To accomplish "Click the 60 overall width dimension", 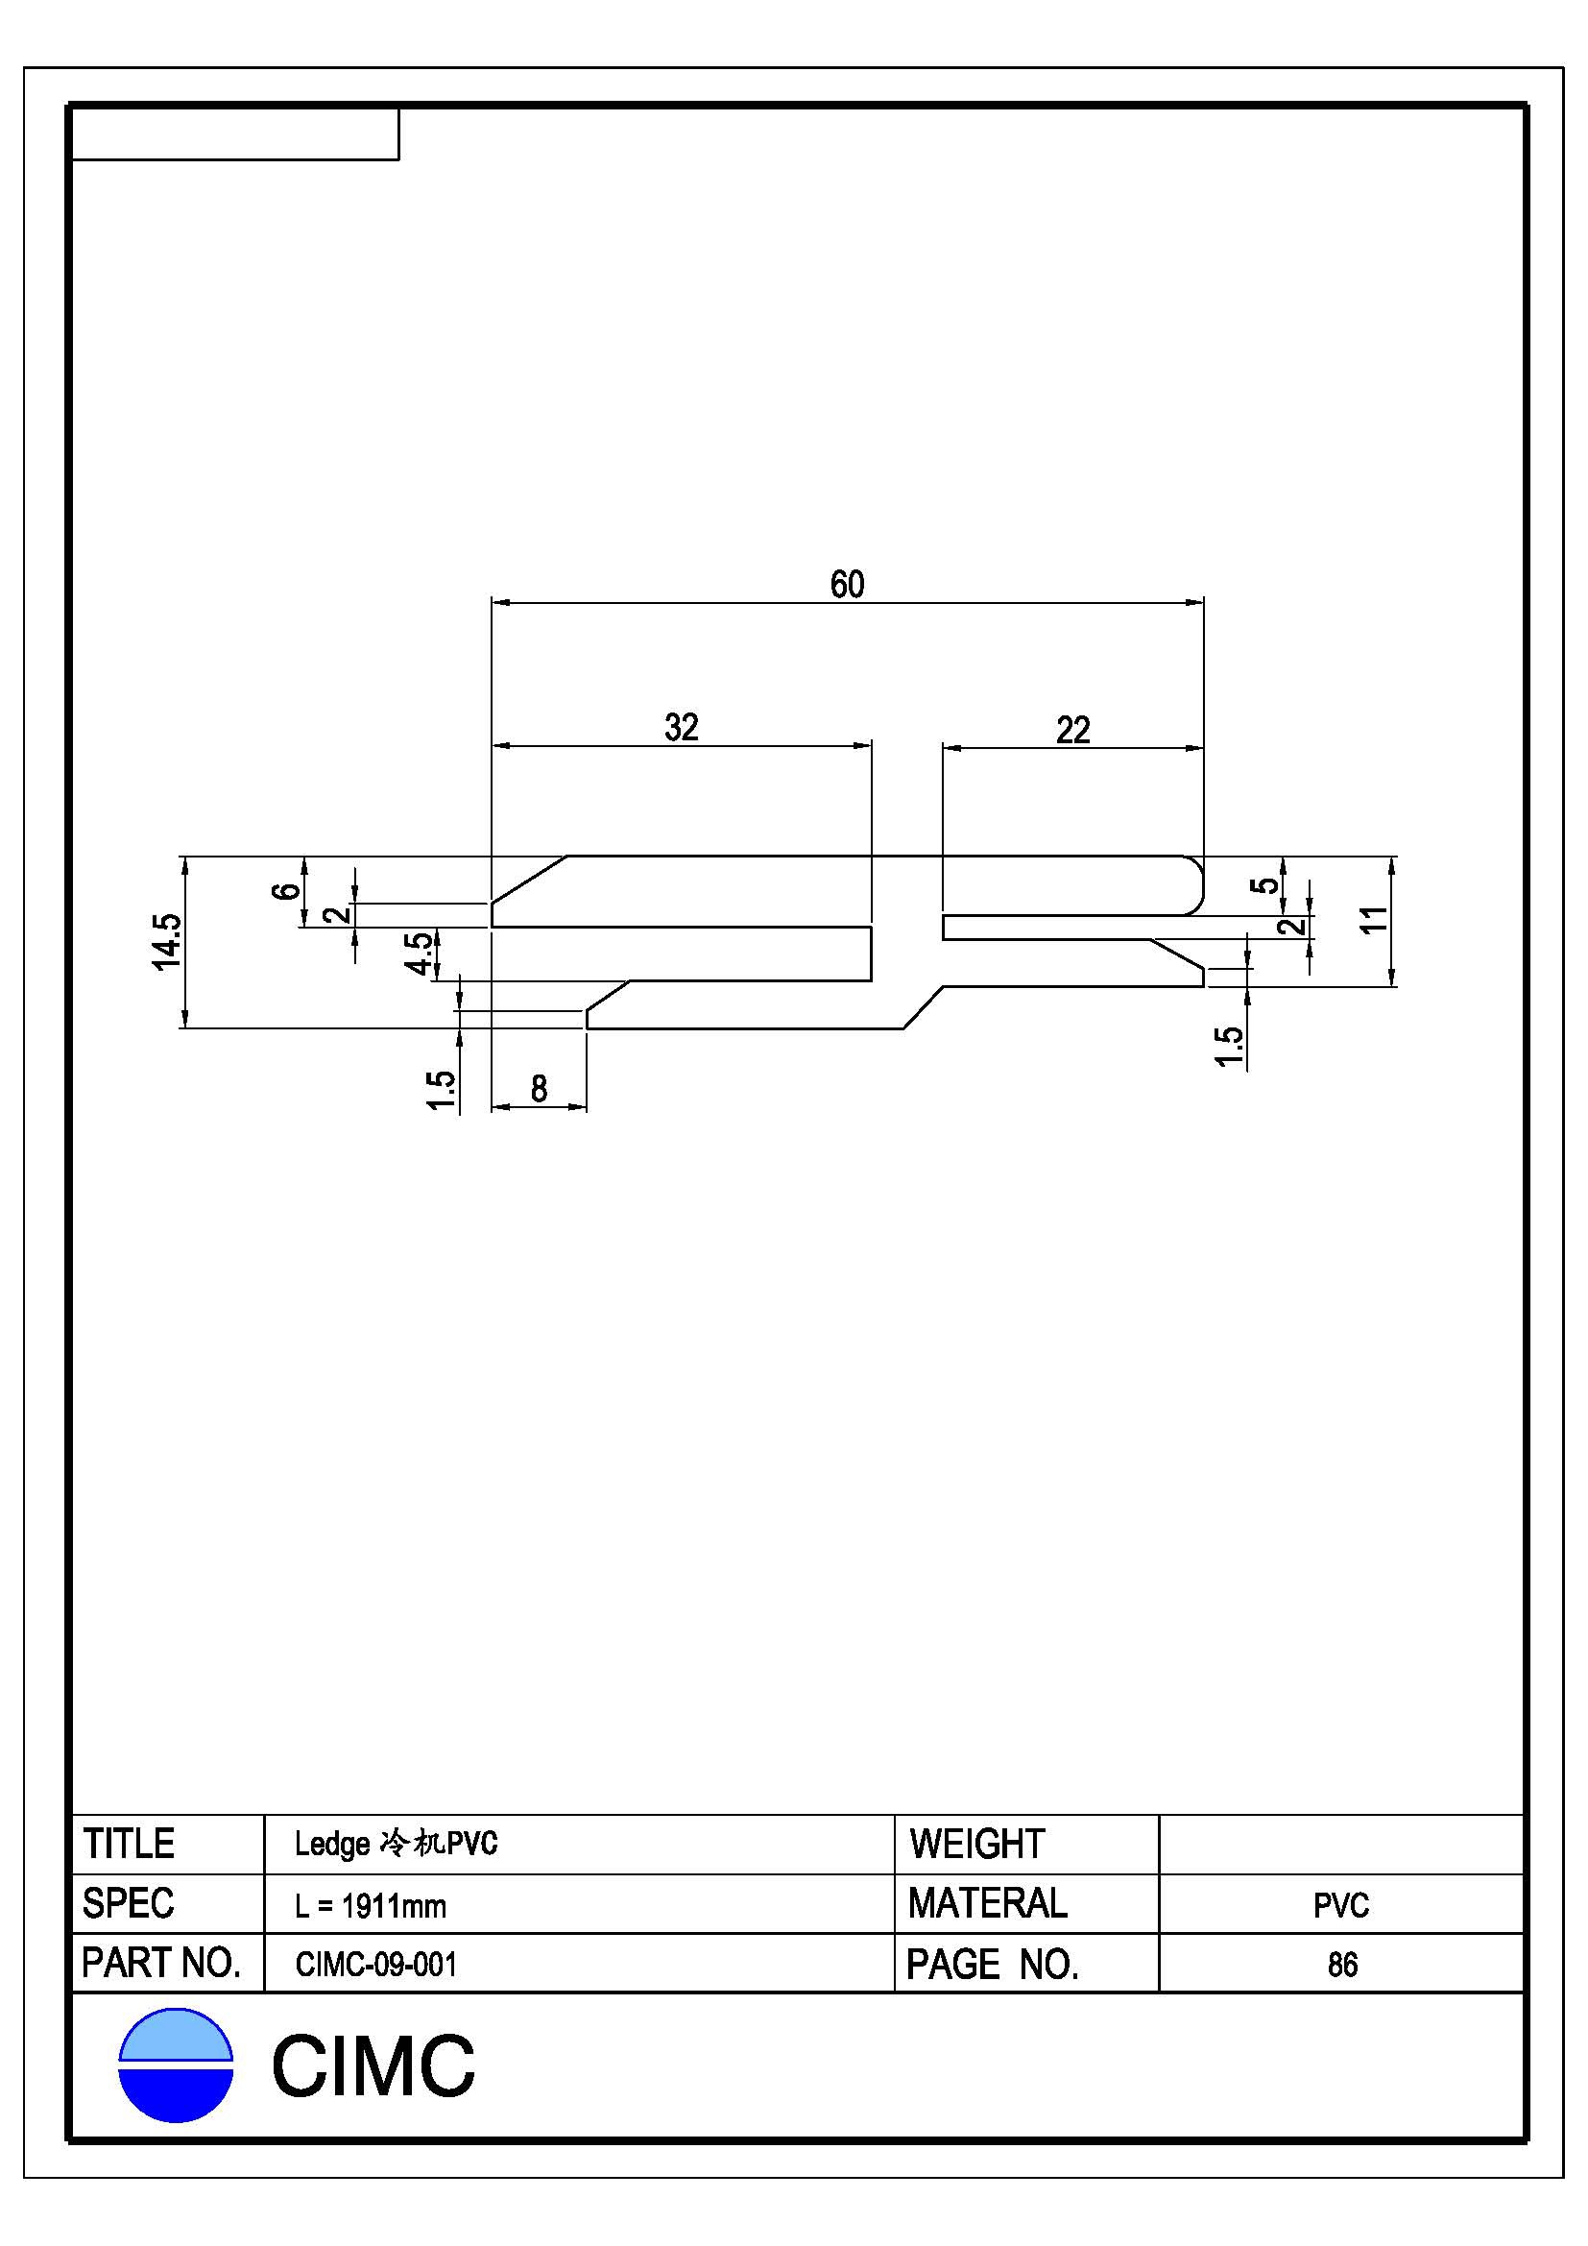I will point(847,585).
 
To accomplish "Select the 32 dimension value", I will point(682,728).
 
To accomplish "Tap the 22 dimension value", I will point(1072,731).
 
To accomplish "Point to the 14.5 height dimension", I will point(166,941).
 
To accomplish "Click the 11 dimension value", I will point(1374,920).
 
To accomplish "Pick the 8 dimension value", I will point(539,1089).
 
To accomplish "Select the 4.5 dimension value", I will point(418,953).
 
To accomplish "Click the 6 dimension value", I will point(284,890).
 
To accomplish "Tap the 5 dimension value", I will point(1265,885).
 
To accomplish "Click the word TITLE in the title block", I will point(129,1844).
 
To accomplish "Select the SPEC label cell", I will point(128,1903).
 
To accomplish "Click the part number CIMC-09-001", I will point(376,1965).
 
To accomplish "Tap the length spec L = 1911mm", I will point(371,1905).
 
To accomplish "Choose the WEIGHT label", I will point(976,1844).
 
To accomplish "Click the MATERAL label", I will point(988,1903).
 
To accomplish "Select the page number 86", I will point(1342,1965).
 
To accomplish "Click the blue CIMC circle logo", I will point(176,2065).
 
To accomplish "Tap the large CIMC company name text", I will point(373,2066).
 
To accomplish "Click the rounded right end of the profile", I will point(1195,885).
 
